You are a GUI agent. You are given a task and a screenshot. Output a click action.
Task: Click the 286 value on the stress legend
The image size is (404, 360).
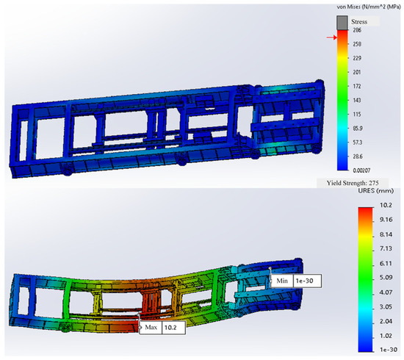click(357, 30)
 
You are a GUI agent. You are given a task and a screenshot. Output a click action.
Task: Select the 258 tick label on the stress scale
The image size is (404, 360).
click(357, 44)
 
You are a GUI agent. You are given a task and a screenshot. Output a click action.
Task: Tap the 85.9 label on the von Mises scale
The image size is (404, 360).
click(358, 129)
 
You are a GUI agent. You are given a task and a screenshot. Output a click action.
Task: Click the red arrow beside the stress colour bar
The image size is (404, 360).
click(332, 37)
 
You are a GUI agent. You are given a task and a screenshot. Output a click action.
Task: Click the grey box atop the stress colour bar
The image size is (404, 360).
click(342, 23)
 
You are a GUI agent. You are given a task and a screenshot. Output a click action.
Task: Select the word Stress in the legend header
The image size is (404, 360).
click(359, 21)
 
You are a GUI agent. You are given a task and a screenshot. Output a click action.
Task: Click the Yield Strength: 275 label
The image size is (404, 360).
click(353, 183)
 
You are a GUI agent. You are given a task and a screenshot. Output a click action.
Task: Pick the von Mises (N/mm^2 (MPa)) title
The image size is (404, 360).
click(369, 7)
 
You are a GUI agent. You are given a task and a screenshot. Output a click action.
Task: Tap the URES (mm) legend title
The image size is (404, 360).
click(376, 191)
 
